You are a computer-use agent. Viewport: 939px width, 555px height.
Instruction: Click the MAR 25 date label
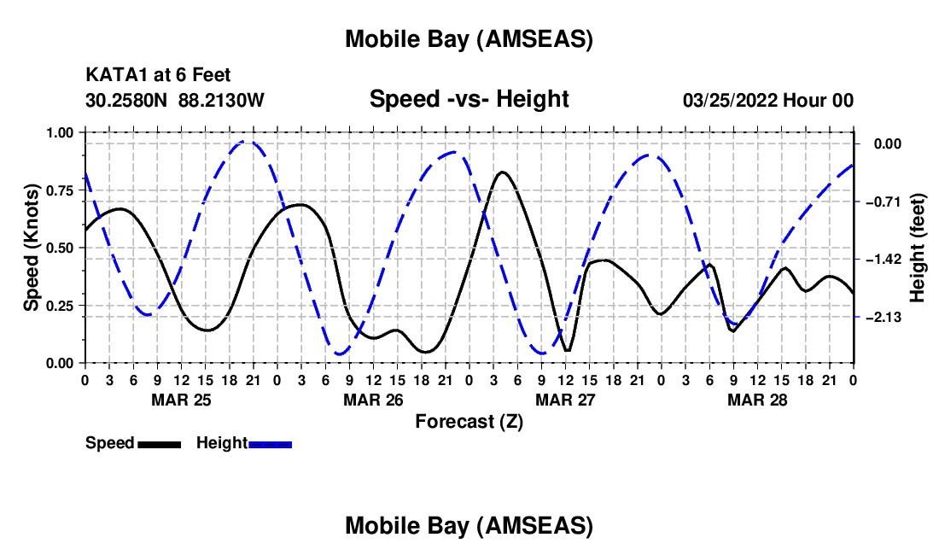click(180, 400)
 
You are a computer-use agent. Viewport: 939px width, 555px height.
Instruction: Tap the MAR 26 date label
click(373, 400)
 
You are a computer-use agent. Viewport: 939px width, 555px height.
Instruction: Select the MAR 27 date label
click(565, 400)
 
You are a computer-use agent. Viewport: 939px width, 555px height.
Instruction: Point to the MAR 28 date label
click(757, 400)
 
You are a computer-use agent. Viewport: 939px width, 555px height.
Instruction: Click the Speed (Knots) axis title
click(32, 248)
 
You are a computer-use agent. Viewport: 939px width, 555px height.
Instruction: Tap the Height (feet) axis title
click(918, 248)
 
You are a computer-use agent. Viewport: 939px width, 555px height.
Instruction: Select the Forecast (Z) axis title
click(469, 421)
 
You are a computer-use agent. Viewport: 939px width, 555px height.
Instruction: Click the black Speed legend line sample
click(159, 443)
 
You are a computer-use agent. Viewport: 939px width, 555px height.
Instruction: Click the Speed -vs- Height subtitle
click(469, 99)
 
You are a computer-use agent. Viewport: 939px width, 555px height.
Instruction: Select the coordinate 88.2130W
click(222, 101)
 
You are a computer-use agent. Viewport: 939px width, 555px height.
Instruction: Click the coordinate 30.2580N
click(128, 101)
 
